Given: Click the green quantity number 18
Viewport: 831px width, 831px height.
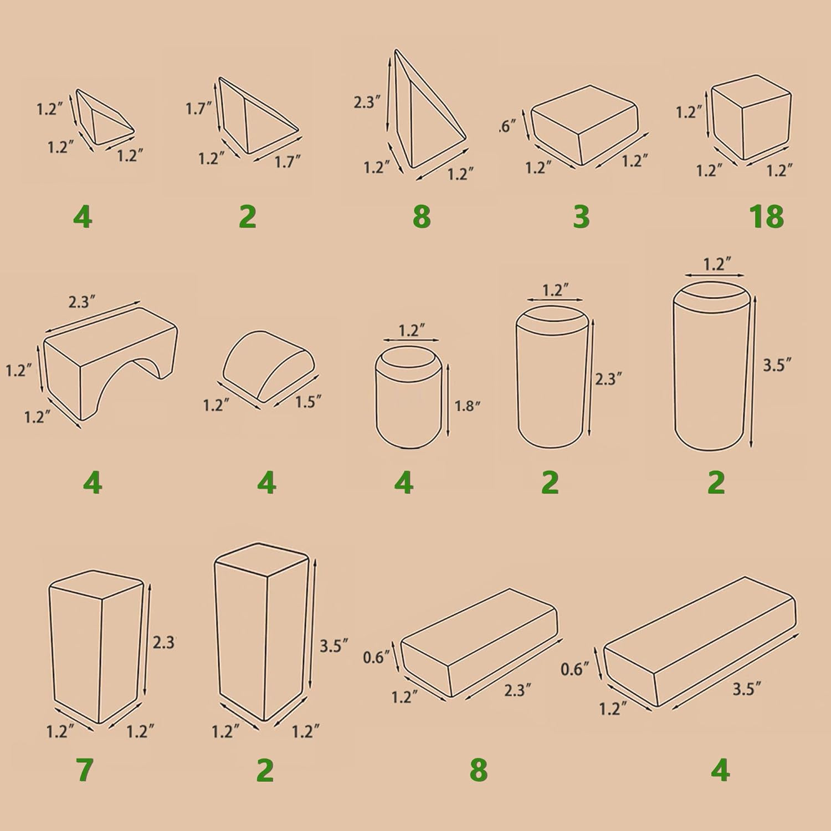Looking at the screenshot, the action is coord(767,217).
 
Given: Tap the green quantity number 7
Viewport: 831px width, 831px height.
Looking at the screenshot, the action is coord(84,770).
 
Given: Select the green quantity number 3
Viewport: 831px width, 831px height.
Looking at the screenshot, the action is coord(581,217).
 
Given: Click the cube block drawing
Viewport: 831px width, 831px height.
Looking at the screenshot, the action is coord(751,117).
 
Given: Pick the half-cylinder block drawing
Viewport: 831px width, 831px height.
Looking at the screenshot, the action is coord(269,365).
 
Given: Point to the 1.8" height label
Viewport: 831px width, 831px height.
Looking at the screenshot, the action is coord(467,406).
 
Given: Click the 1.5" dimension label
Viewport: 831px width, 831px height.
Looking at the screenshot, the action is coord(308,401).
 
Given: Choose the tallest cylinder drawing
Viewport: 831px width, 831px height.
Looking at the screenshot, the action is coord(711,366).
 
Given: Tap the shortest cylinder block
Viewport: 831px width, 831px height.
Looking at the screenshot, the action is coord(409,397).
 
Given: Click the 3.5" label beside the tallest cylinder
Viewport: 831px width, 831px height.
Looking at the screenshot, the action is coord(777,365).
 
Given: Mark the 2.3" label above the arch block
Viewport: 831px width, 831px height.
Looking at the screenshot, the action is coord(82,302).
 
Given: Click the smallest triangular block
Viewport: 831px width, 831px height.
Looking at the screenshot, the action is coord(104,119).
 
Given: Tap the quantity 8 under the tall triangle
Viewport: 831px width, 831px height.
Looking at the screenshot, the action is coord(422,217).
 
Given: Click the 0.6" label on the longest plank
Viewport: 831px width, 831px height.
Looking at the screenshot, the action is coord(574,669).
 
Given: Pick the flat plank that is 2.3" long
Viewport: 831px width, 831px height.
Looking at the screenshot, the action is coord(479,643).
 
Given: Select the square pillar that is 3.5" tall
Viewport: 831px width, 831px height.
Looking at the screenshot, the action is coord(261,632).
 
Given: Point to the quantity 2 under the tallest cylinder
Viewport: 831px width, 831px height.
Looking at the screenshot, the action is coord(716,483).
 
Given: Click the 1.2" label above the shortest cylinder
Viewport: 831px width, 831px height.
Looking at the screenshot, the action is coord(412,331).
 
